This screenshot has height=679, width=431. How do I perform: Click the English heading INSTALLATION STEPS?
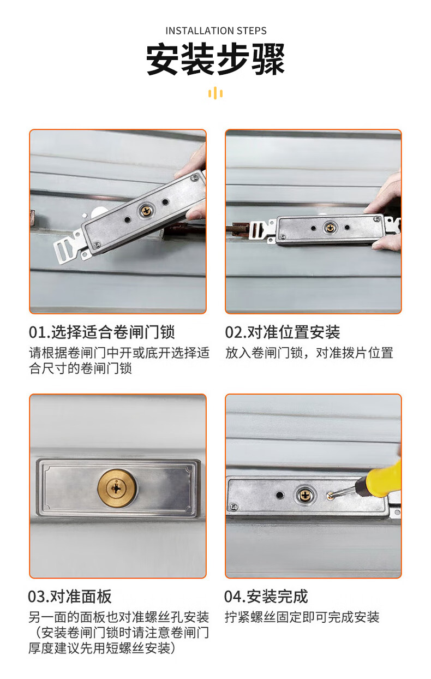coord(216,31)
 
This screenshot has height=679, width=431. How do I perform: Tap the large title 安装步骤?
coord(215,59)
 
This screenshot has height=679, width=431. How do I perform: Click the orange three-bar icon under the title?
coord(215,93)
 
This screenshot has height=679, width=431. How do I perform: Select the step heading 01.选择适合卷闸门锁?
coord(102,332)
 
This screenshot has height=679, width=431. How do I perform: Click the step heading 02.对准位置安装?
coord(283,332)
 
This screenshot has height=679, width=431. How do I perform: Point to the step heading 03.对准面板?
coord(70,597)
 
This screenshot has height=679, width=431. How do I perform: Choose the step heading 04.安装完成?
coord(266,597)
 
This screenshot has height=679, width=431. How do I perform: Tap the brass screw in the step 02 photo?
coord(330,227)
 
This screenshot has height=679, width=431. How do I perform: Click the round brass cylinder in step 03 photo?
coord(117,489)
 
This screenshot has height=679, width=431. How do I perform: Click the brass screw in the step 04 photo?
coord(304,496)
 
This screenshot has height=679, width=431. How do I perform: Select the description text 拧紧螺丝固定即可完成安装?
coord(302,617)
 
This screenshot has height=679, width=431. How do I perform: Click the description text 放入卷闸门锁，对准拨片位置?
coord(309,353)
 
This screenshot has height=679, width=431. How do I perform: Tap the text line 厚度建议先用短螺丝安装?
coord(102,648)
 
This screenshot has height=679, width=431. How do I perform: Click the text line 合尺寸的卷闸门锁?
coord(81,368)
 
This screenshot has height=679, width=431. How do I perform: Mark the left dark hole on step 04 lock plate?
coord(280,495)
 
